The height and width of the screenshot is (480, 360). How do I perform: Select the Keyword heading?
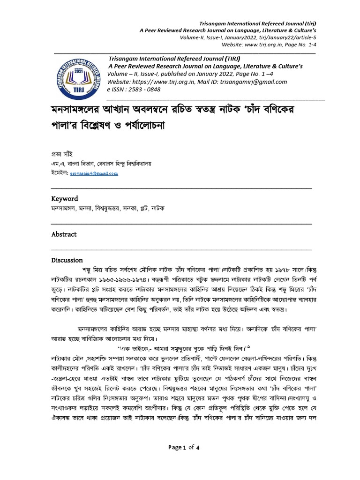(65, 199)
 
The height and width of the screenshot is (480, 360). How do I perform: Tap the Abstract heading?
(64, 234)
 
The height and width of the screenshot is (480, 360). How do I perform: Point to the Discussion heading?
(67, 260)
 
